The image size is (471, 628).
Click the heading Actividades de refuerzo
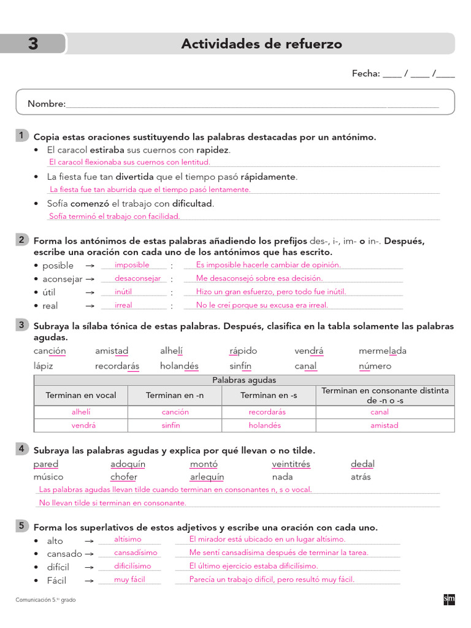(261, 44)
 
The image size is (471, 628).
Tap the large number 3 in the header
(33, 44)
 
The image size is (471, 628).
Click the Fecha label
(366, 74)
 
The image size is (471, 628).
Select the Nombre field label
(46, 104)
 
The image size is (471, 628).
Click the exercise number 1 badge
(21, 136)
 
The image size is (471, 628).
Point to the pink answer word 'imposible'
(132, 265)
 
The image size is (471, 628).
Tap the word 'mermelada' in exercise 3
(382, 351)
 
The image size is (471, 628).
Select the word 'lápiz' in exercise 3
(44, 366)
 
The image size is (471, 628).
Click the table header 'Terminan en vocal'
(80, 396)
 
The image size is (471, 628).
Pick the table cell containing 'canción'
(175, 412)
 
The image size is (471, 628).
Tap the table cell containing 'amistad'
(384, 425)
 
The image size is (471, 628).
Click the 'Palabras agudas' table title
(244, 380)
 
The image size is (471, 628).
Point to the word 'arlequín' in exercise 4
(207, 477)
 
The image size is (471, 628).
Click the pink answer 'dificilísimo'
(132, 566)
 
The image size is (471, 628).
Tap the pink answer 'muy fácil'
(129, 580)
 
